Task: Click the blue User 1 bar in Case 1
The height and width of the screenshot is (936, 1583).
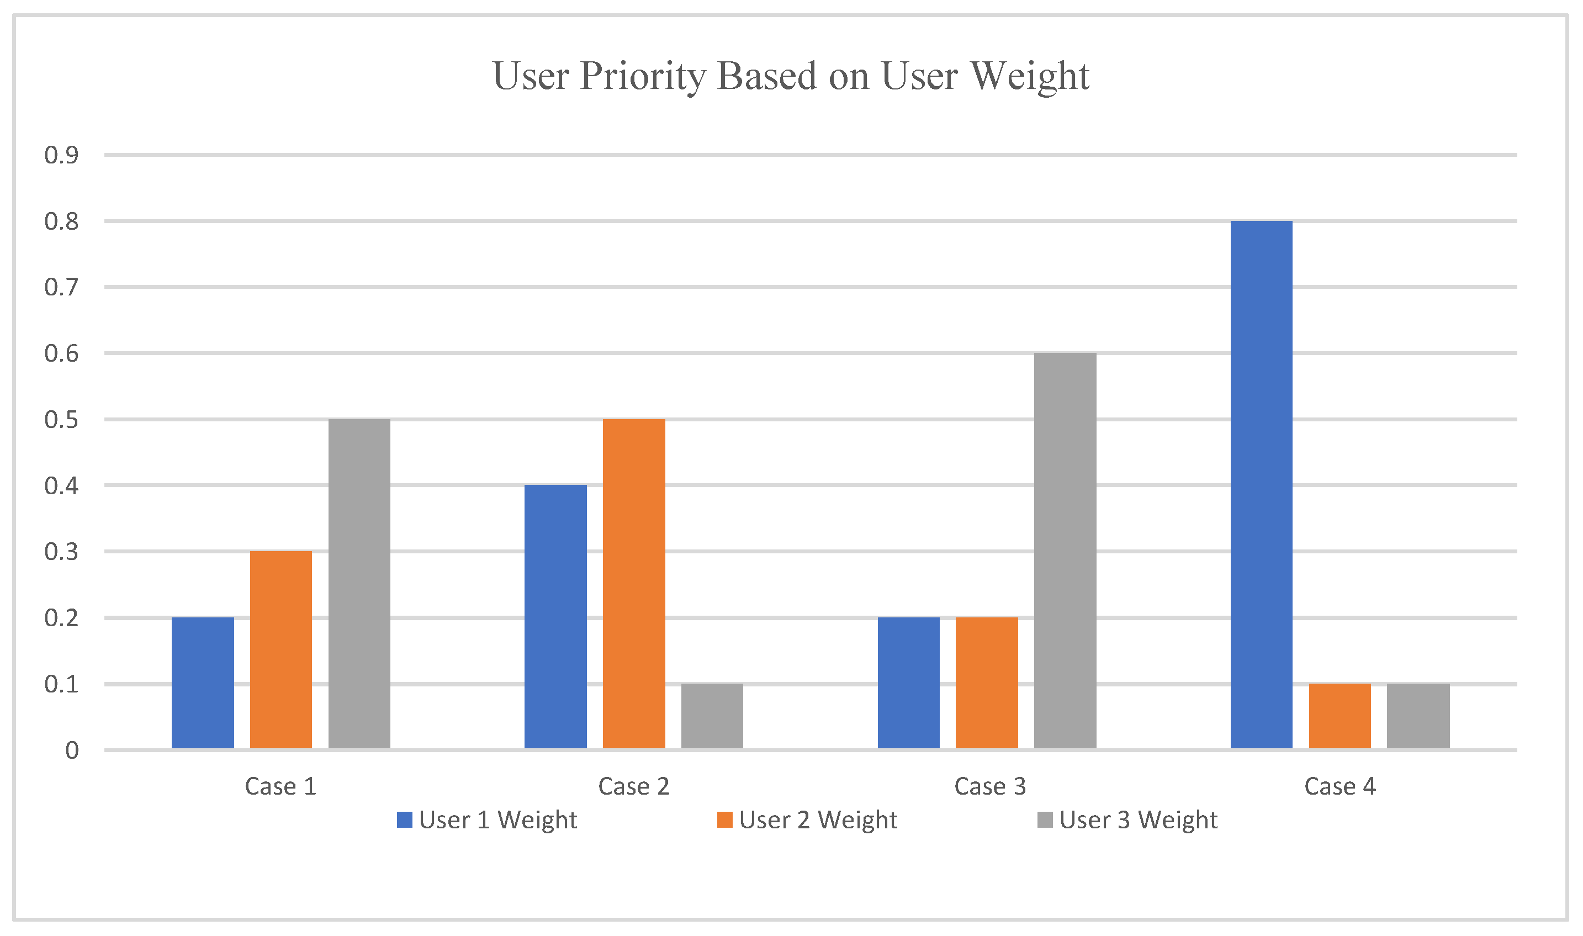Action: (203, 683)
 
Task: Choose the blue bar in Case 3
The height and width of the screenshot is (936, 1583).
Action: (908, 683)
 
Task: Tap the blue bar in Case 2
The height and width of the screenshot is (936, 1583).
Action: (555, 617)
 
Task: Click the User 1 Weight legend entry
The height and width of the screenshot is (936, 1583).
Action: (486, 820)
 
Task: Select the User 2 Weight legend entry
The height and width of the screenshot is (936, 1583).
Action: (807, 820)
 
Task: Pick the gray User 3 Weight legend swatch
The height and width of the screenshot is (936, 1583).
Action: (1045, 820)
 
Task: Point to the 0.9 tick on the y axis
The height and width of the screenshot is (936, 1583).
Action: (61, 155)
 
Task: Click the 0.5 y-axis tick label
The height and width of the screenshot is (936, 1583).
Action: (61, 420)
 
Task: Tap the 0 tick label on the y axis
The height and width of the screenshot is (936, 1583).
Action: (72, 750)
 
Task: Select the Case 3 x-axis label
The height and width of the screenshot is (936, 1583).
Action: (989, 786)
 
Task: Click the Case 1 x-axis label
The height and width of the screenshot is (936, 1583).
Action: (280, 786)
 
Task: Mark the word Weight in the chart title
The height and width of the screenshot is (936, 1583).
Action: (1029, 76)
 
